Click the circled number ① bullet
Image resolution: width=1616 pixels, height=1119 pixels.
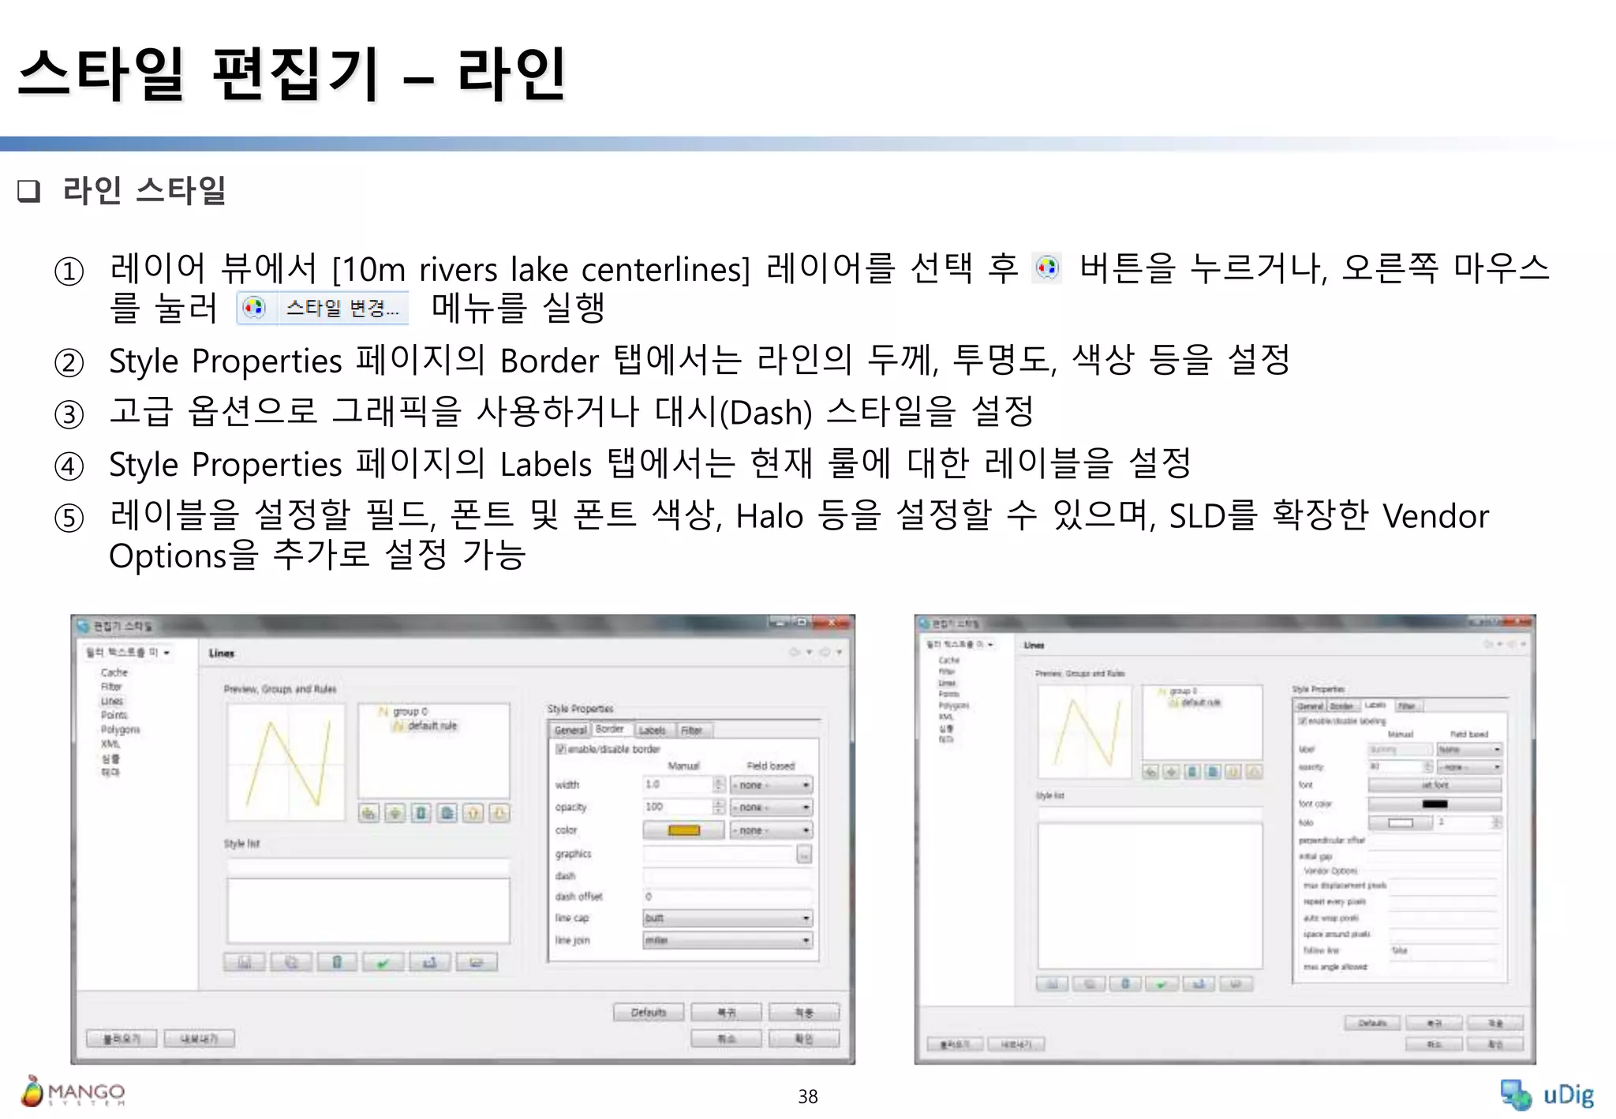point(69,271)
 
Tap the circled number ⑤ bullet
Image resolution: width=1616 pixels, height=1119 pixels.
point(69,518)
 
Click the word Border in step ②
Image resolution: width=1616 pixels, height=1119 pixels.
point(549,361)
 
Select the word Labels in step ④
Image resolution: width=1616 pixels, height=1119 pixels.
point(545,465)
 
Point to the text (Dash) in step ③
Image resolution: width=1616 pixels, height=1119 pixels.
point(765,413)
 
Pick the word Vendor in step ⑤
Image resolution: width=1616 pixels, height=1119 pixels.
point(1435,517)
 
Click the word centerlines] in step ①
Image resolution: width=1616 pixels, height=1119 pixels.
point(665,270)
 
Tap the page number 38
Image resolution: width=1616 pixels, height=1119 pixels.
point(807,1096)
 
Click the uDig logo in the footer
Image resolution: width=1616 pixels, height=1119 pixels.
point(1547,1095)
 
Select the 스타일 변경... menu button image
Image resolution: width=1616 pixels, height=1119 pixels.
point(323,308)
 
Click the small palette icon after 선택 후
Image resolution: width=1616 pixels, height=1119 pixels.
point(1047,268)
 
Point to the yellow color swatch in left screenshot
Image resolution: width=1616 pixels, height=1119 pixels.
point(683,830)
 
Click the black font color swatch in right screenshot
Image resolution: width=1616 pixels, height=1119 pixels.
point(1434,804)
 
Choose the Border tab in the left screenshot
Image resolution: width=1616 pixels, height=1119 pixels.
point(609,729)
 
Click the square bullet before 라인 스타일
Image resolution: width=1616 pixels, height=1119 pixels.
point(28,191)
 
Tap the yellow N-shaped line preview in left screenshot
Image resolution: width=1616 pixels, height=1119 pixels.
point(286,762)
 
